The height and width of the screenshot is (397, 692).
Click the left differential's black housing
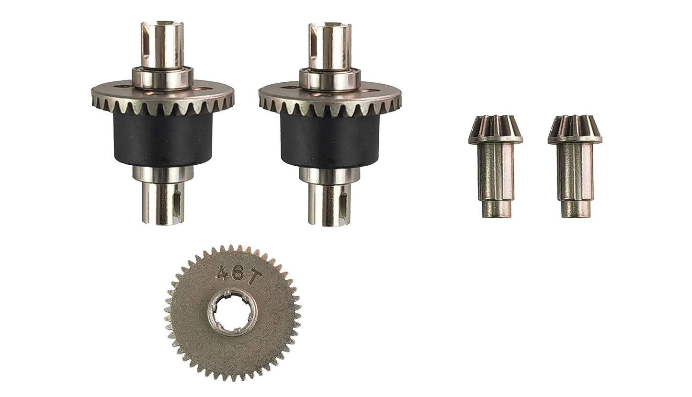[163, 141]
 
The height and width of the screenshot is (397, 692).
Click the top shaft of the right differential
[329, 45]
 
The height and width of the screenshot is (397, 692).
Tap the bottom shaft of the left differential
[163, 204]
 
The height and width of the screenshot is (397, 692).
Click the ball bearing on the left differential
[162, 78]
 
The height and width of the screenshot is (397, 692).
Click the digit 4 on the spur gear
[222, 272]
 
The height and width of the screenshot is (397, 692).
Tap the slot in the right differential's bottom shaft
[343, 206]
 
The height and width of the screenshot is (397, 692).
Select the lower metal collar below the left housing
[163, 174]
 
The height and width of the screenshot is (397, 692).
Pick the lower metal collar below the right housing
[329, 175]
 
